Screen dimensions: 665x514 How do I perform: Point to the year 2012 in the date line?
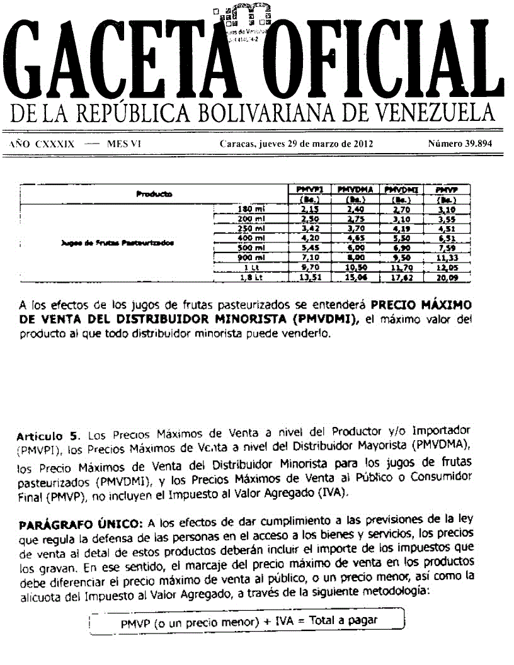pyautogui.click(x=362, y=144)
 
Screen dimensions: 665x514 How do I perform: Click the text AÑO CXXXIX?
pyautogui.click(x=42, y=144)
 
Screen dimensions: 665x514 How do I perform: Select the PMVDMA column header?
pyautogui.click(x=355, y=189)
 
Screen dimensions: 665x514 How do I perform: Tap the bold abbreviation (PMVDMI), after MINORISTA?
pyautogui.click(x=328, y=319)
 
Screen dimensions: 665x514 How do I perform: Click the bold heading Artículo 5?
pyautogui.click(x=50, y=435)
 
